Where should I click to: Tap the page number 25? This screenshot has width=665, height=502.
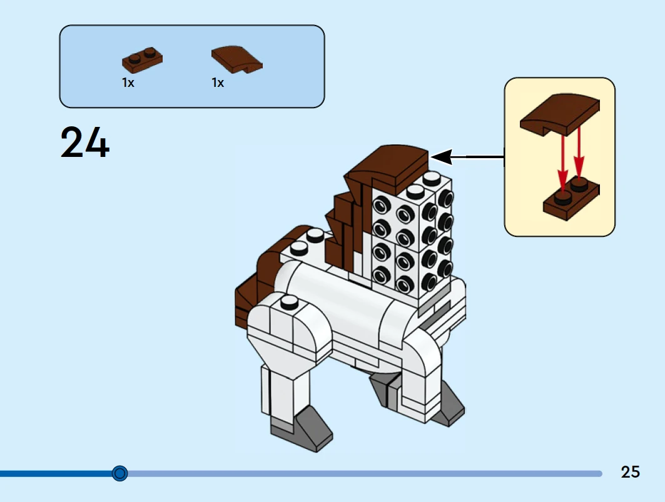pyautogui.click(x=630, y=472)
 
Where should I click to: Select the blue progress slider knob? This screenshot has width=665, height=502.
pyautogui.click(x=119, y=473)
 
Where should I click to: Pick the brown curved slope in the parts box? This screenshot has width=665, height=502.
pyautogui.click(x=236, y=59)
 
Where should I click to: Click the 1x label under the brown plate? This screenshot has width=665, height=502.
pyautogui.click(x=128, y=83)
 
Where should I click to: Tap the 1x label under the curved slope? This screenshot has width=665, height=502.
pyautogui.click(x=218, y=83)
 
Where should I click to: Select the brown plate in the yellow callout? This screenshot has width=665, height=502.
pyautogui.click(x=571, y=199)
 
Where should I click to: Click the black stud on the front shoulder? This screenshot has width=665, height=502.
pyautogui.click(x=288, y=303)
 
